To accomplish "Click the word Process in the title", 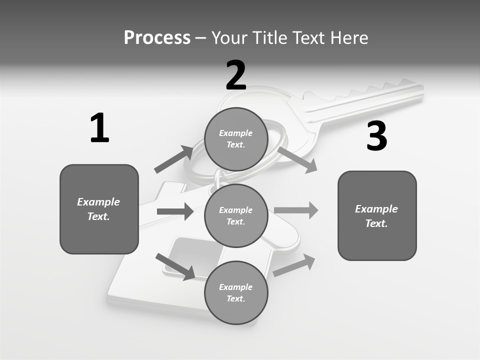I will (x=157, y=37).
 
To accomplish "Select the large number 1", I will (x=99, y=128).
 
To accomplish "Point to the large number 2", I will (x=236, y=75).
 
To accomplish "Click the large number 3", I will (x=376, y=136).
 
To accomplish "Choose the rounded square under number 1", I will (x=99, y=209).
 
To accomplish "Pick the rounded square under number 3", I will (x=377, y=215).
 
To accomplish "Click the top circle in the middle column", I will (x=236, y=139).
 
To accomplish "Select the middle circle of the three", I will (x=236, y=215).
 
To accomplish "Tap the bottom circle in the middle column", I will (x=236, y=292).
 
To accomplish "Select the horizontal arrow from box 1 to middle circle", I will (x=175, y=211).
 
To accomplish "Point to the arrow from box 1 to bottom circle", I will (x=175, y=266).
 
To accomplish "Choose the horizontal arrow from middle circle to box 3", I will (x=296, y=210).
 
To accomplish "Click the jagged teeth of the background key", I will (x=380, y=90).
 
